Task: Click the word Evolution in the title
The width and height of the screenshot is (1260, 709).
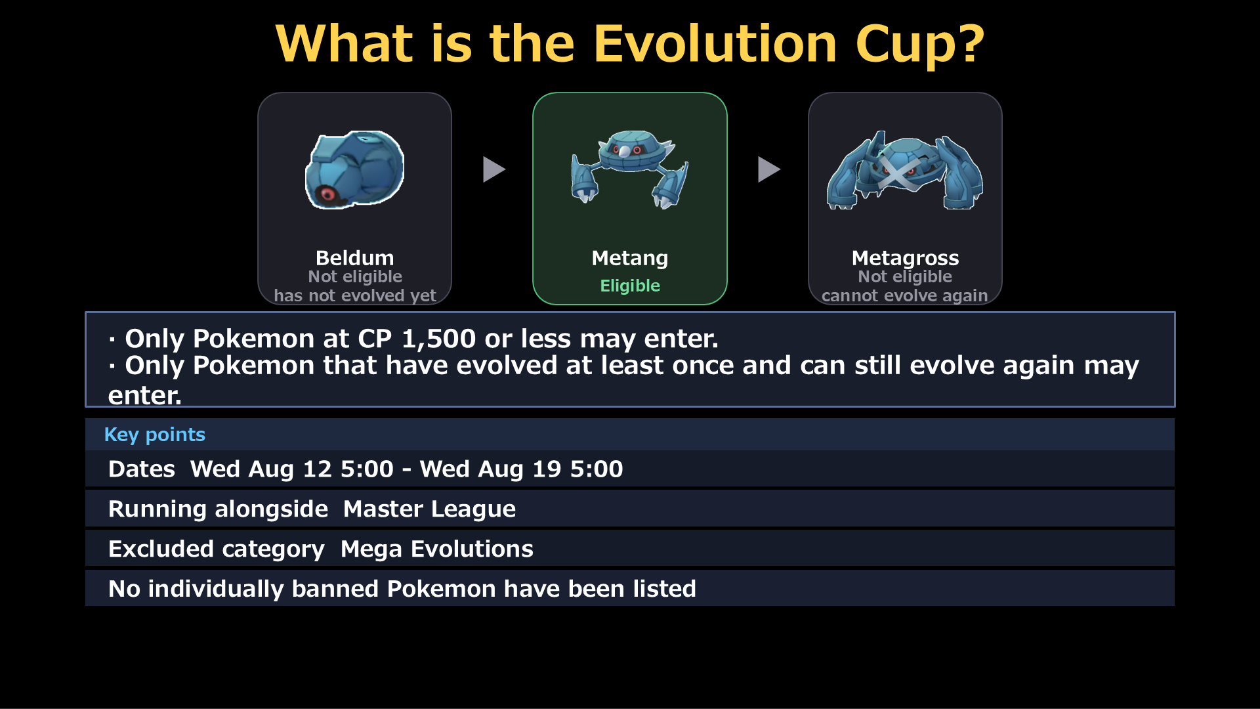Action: (x=715, y=43)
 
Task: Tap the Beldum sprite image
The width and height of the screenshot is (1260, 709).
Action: (x=355, y=170)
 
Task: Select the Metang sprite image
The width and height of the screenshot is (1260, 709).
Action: (x=630, y=169)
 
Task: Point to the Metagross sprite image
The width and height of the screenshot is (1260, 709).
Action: (x=905, y=170)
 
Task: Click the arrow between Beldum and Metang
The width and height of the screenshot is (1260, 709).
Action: (x=494, y=169)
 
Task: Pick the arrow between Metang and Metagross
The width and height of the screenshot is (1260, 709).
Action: (x=769, y=169)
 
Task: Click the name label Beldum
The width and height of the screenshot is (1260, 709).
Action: (x=355, y=258)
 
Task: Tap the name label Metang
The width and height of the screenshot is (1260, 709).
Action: (x=630, y=259)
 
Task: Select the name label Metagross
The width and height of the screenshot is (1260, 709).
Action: (x=905, y=259)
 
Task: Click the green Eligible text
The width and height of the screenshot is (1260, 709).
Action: (x=630, y=286)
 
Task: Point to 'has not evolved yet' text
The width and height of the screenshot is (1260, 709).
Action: (x=355, y=295)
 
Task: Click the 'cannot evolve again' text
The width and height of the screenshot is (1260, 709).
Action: (x=905, y=295)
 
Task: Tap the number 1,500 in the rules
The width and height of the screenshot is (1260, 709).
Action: (x=438, y=339)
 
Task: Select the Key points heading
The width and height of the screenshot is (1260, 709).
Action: (x=155, y=435)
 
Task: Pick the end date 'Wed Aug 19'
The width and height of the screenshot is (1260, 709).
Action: (x=491, y=469)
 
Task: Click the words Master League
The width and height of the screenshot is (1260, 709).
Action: (x=430, y=509)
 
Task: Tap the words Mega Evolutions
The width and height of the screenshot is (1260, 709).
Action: (x=437, y=549)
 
